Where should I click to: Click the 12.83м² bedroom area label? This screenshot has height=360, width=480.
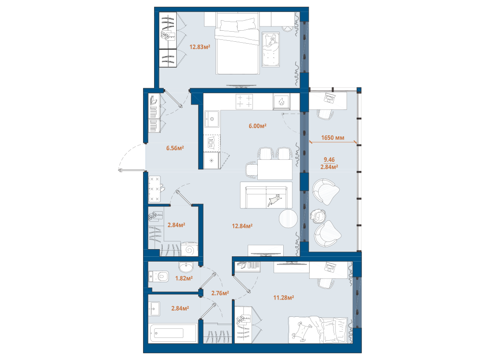click(x=200, y=47)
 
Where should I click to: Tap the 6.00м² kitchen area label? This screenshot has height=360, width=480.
click(x=257, y=126)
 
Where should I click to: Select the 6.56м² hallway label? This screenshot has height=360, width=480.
click(x=175, y=148)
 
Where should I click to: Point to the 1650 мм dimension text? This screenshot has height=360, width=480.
click(x=333, y=138)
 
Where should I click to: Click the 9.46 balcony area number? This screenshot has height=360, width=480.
click(x=329, y=159)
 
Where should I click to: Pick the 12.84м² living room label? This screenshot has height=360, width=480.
click(x=242, y=226)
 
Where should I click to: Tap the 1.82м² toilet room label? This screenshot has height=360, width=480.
click(x=184, y=278)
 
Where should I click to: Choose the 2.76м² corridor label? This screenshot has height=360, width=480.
click(x=220, y=293)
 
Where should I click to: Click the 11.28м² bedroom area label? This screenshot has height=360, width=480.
click(x=284, y=297)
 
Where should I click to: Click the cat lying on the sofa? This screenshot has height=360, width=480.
click(x=275, y=200)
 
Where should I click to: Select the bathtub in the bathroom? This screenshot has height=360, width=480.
click(x=173, y=334)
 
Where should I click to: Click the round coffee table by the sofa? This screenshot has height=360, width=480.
click(x=288, y=218)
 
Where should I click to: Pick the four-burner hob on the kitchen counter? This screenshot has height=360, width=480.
click(x=244, y=102)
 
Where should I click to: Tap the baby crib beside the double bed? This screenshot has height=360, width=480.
click(x=271, y=49)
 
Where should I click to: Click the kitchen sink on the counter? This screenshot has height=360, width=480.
click(x=212, y=119)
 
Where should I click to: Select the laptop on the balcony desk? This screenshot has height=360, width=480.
click(x=330, y=98)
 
